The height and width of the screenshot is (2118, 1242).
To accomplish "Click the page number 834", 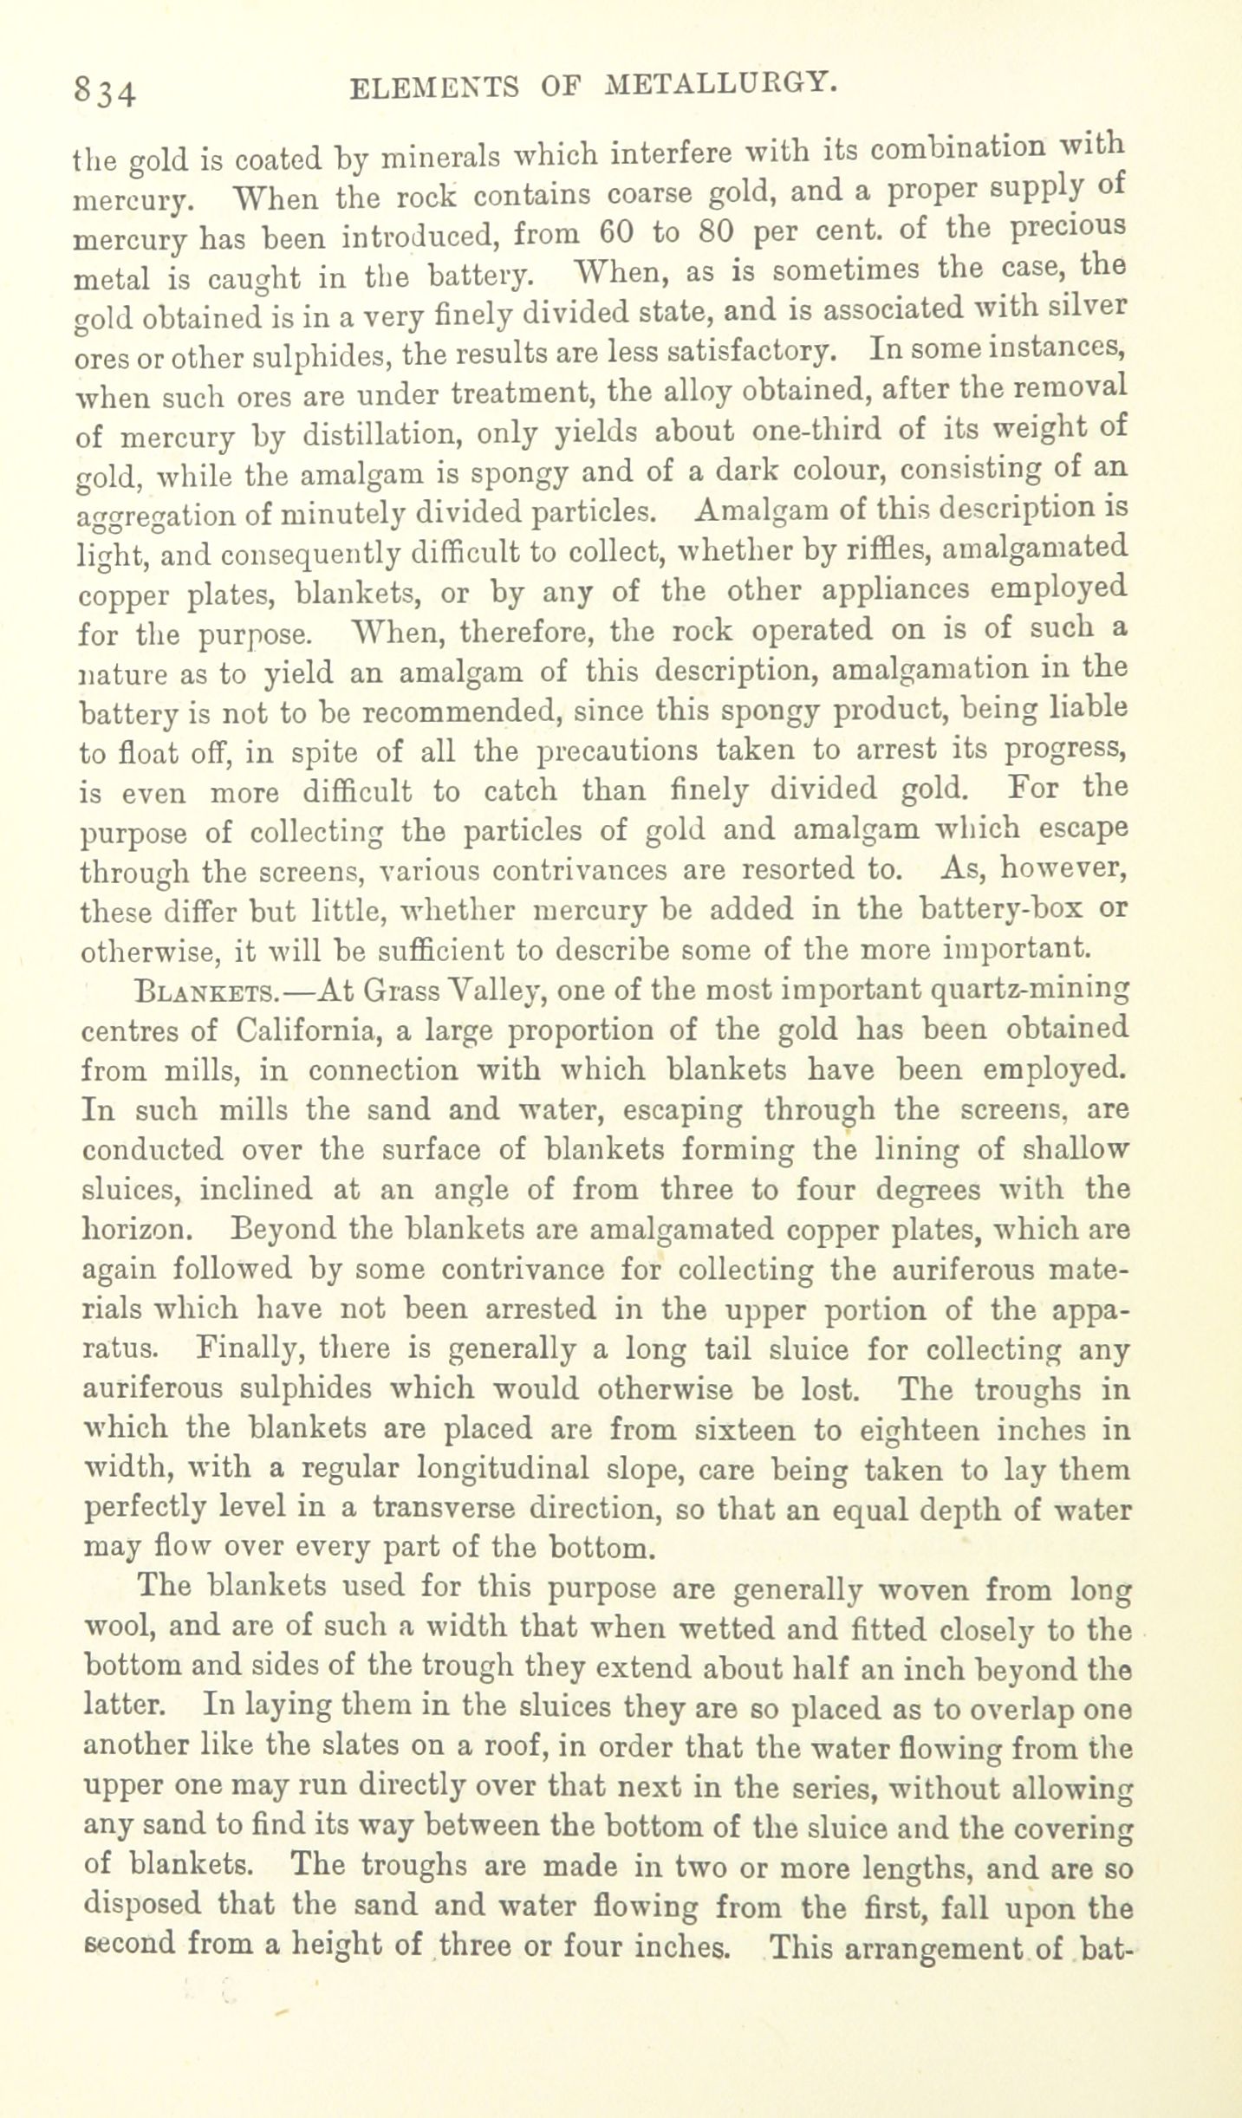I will click(x=104, y=90).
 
